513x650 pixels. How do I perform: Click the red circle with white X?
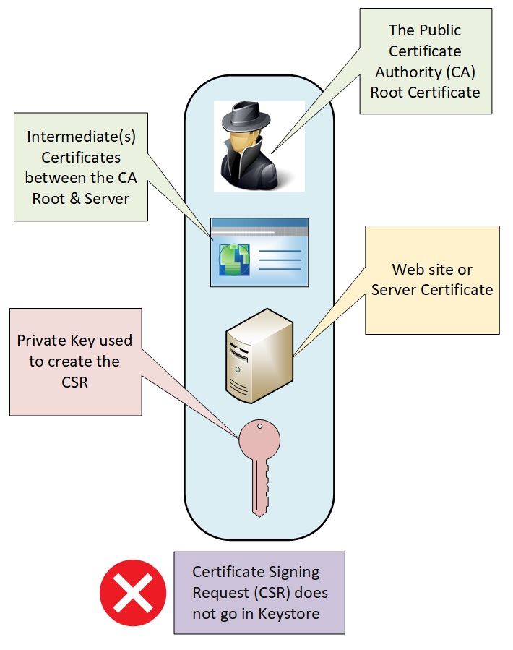[132, 594]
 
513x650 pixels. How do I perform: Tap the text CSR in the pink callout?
[74, 382]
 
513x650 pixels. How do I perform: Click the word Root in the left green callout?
[48, 199]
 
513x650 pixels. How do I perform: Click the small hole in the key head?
[260, 427]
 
